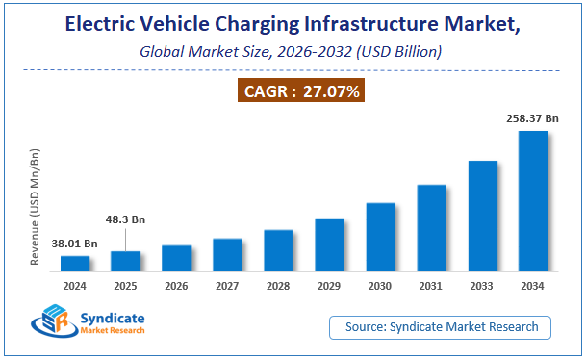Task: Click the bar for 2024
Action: coord(75,263)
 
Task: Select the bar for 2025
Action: coord(126,261)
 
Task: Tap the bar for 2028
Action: coord(278,250)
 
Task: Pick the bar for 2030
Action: coord(380,237)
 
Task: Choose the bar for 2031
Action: coord(431,227)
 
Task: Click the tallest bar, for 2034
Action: coord(533,200)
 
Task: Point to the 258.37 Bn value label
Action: coord(533,117)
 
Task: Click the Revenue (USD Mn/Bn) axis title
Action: coord(35,208)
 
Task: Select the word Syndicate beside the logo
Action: coord(111,317)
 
